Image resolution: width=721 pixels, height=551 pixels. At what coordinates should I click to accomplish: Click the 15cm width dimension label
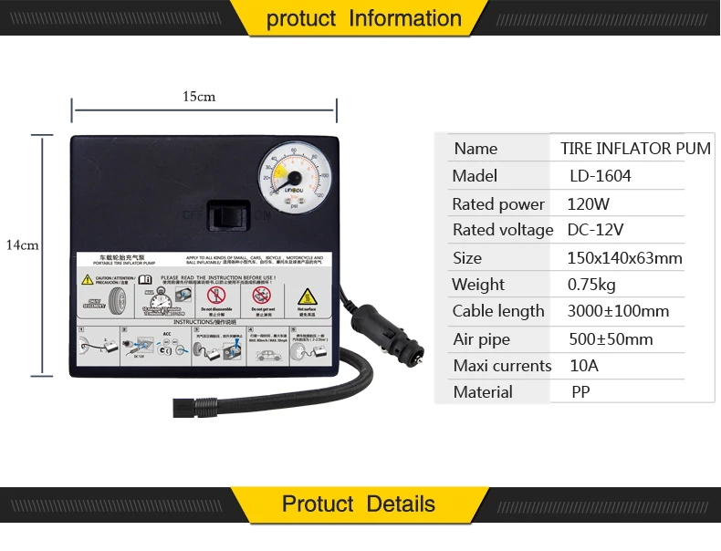point(198,97)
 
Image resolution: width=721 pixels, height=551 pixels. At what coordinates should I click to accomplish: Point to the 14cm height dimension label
point(22,244)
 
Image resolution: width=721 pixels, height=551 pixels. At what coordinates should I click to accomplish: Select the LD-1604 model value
point(600,176)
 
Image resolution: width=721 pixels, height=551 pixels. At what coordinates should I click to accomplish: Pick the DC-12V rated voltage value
point(597,230)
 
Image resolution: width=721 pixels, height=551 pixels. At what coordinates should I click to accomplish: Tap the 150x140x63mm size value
point(624,257)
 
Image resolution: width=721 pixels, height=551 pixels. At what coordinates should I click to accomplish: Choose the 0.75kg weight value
point(591,284)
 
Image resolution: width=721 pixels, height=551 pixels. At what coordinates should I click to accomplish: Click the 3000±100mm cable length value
point(618,311)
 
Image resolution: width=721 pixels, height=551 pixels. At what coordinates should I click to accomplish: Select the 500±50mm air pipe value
point(610,339)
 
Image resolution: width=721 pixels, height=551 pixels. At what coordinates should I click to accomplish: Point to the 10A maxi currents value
point(583,366)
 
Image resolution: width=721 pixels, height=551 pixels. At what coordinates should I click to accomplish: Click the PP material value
point(580,392)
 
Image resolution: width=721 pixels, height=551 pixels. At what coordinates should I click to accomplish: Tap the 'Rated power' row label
point(498,203)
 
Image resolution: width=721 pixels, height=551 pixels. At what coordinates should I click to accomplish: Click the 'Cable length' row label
point(498,311)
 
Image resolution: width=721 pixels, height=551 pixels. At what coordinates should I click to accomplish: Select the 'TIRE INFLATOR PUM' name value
point(635,149)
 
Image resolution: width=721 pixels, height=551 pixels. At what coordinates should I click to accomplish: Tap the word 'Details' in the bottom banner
point(401,504)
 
